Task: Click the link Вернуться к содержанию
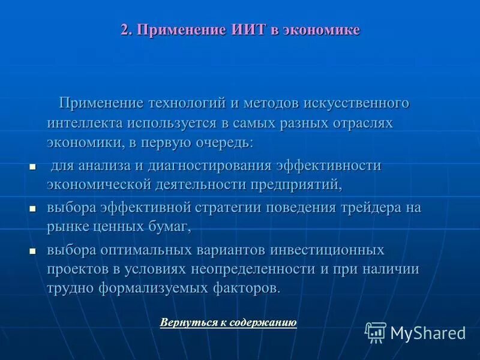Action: pos(228,323)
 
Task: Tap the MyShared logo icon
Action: pos(376,332)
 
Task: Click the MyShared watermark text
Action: pos(428,333)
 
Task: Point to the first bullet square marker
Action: pos(33,166)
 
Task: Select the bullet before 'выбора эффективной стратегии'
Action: pos(33,208)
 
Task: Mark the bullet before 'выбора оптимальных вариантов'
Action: pos(33,250)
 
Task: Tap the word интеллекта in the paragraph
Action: pos(85,123)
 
